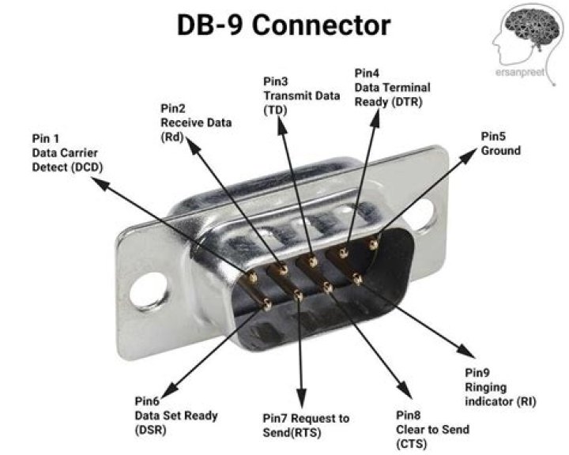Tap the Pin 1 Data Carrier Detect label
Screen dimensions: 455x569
coord(67,152)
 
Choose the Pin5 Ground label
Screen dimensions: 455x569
coord(500,143)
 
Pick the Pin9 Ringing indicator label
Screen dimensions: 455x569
coord(500,386)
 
